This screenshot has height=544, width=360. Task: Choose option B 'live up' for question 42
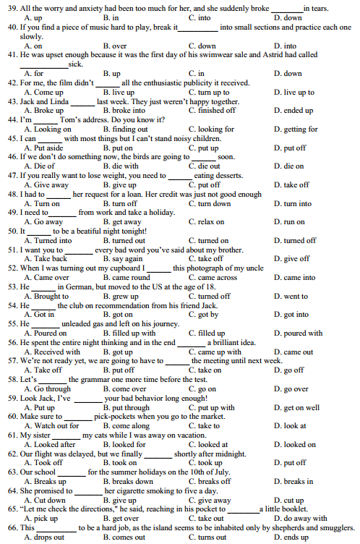pyautogui.click(x=119, y=93)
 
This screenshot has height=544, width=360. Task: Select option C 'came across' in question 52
pyautogui.click(x=212, y=277)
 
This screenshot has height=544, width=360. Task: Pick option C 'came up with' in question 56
pyautogui.click(x=215, y=352)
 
